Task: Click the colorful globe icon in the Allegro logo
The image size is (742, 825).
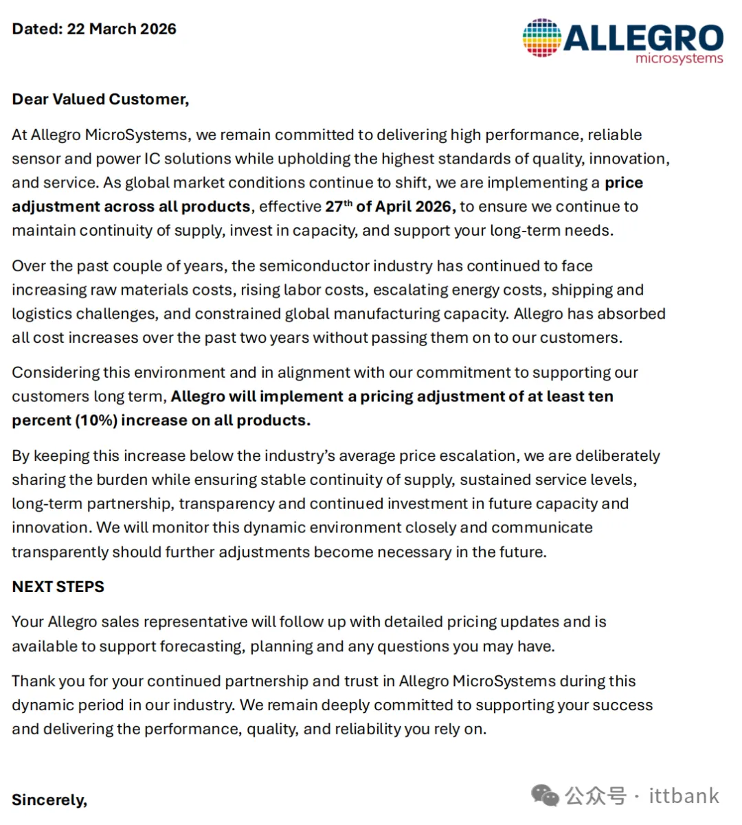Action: click(x=542, y=37)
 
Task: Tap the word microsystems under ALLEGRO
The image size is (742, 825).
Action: click(x=679, y=58)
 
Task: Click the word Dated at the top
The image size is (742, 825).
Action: click(x=36, y=29)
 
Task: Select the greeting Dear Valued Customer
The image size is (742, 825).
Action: click(x=100, y=100)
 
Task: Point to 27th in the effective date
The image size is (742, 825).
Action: click(x=338, y=206)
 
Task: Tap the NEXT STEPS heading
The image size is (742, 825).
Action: click(x=58, y=587)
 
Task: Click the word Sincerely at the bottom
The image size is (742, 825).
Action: click(x=49, y=800)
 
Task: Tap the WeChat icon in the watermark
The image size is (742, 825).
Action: click(x=545, y=796)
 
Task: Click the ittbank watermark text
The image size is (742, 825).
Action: click(x=684, y=796)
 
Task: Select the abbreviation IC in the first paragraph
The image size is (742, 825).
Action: click(x=152, y=159)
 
